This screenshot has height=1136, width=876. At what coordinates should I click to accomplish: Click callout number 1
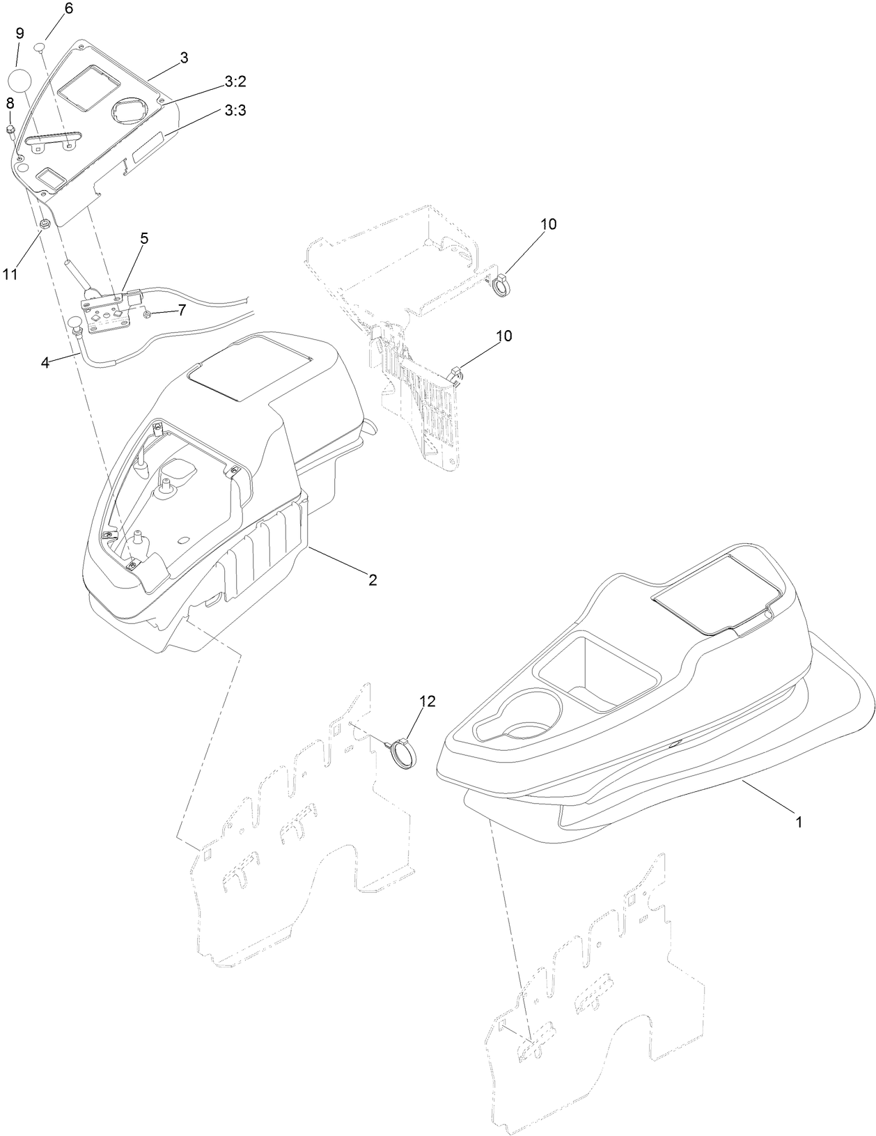pyautogui.click(x=799, y=822)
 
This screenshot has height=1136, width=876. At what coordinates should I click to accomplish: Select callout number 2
pyautogui.click(x=373, y=579)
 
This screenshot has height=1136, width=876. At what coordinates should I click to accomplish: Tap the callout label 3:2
pyautogui.click(x=235, y=81)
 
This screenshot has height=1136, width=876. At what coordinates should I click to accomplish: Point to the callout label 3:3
pyautogui.click(x=235, y=110)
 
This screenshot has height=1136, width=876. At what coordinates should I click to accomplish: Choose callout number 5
pyautogui.click(x=144, y=238)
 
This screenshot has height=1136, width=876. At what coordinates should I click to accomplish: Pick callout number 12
pyautogui.click(x=426, y=701)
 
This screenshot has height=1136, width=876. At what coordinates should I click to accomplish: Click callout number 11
pyautogui.click(x=10, y=274)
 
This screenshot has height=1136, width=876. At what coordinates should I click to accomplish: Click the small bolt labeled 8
pyautogui.click(x=10, y=130)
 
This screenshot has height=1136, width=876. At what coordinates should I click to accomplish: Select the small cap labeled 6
pyautogui.click(x=40, y=47)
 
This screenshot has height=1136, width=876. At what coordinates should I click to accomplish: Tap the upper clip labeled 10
pyautogui.click(x=501, y=286)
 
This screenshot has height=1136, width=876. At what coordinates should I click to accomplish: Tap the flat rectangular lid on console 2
pyautogui.click(x=250, y=372)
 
